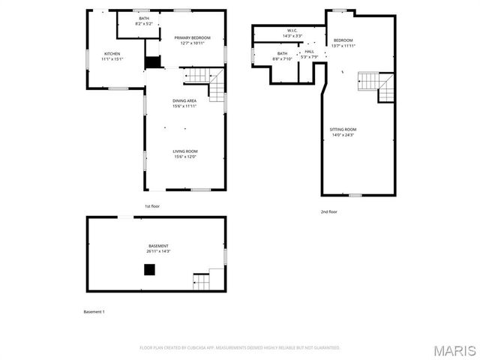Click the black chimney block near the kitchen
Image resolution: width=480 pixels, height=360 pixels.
153,63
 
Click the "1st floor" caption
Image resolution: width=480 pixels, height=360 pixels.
152,205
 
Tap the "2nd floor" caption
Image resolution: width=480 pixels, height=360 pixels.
329,211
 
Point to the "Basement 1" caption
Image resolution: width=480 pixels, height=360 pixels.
94,311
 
